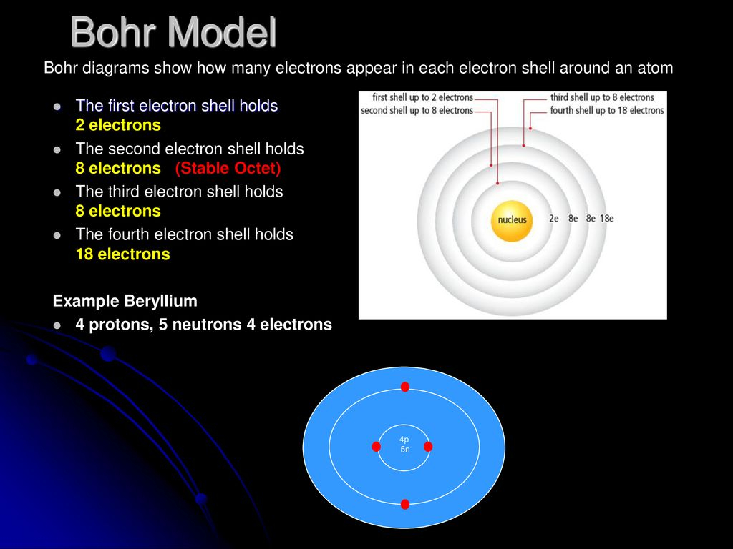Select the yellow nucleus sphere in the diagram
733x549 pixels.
(x=512, y=221)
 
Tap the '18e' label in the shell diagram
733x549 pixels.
(x=607, y=219)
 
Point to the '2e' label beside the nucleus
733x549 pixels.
(x=553, y=219)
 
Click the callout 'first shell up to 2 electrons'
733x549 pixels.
(x=422, y=97)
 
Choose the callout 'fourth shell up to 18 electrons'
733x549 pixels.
(x=607, y=110)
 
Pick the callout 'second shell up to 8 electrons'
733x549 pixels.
(x=417, y=110)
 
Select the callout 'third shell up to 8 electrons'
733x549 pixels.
(x=602, y=97)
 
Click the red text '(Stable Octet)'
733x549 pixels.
(x=228, y=168)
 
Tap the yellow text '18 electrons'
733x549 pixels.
(x=122, y=254)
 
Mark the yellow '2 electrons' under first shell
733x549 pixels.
(x=118, y=124)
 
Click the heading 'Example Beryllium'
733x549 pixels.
(x=125, y=301)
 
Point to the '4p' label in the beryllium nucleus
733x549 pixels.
(x=404, y=440)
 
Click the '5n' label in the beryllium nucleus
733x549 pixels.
(x=405, y=449)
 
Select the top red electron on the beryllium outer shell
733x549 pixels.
(x=405, y=387)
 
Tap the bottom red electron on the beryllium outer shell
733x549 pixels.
(x=405, y=504)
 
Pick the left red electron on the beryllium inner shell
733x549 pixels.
(x=377, y=447)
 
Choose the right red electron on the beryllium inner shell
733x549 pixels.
(x=428, y=447)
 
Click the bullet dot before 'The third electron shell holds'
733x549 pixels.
(x=57, y=192)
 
